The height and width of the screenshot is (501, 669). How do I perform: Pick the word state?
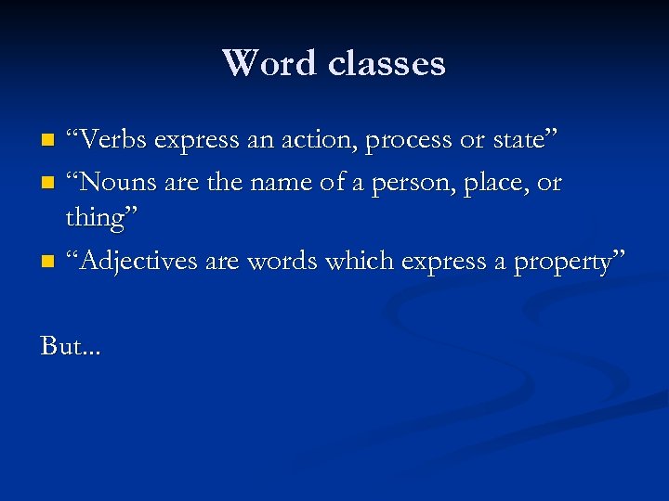pyautogui.click(x=519, y=140)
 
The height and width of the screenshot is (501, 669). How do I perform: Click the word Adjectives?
pyautogui.click(x=139, y=263)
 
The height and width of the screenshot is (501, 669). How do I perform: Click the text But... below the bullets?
pyautogui.click(x=72, y=347)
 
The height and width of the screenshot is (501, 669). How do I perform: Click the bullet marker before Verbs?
pyautogui.click(x=48, y=142)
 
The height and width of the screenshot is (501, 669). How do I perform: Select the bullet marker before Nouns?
pyautogui.click(x=48, y=184)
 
